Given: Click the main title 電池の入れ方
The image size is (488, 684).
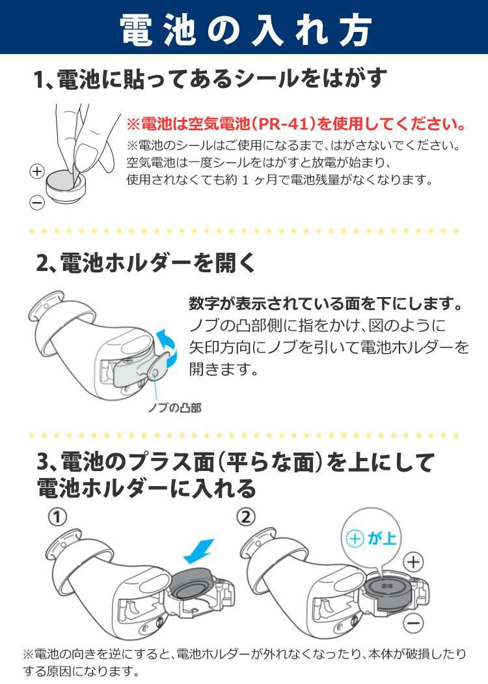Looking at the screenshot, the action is click(245, 30).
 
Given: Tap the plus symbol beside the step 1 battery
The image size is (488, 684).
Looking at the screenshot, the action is click(37, 171).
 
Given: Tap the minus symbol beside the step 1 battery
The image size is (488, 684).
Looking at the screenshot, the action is click(37, 203).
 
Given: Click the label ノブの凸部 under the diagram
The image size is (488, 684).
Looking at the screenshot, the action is click(174, 408).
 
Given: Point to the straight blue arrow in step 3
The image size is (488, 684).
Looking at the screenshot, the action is click(198, 552).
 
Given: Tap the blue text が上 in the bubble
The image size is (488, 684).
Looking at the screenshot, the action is click(382, 538).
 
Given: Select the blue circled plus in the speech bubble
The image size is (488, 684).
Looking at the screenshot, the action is click(354, 539).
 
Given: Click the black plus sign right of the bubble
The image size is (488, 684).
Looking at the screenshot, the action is click(413, 562).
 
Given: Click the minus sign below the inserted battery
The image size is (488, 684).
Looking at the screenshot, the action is click(413, 623).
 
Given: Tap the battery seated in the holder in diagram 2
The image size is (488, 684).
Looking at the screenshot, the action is click(387, 590).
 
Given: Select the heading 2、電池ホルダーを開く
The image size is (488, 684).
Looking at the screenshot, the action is click(146, 263).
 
